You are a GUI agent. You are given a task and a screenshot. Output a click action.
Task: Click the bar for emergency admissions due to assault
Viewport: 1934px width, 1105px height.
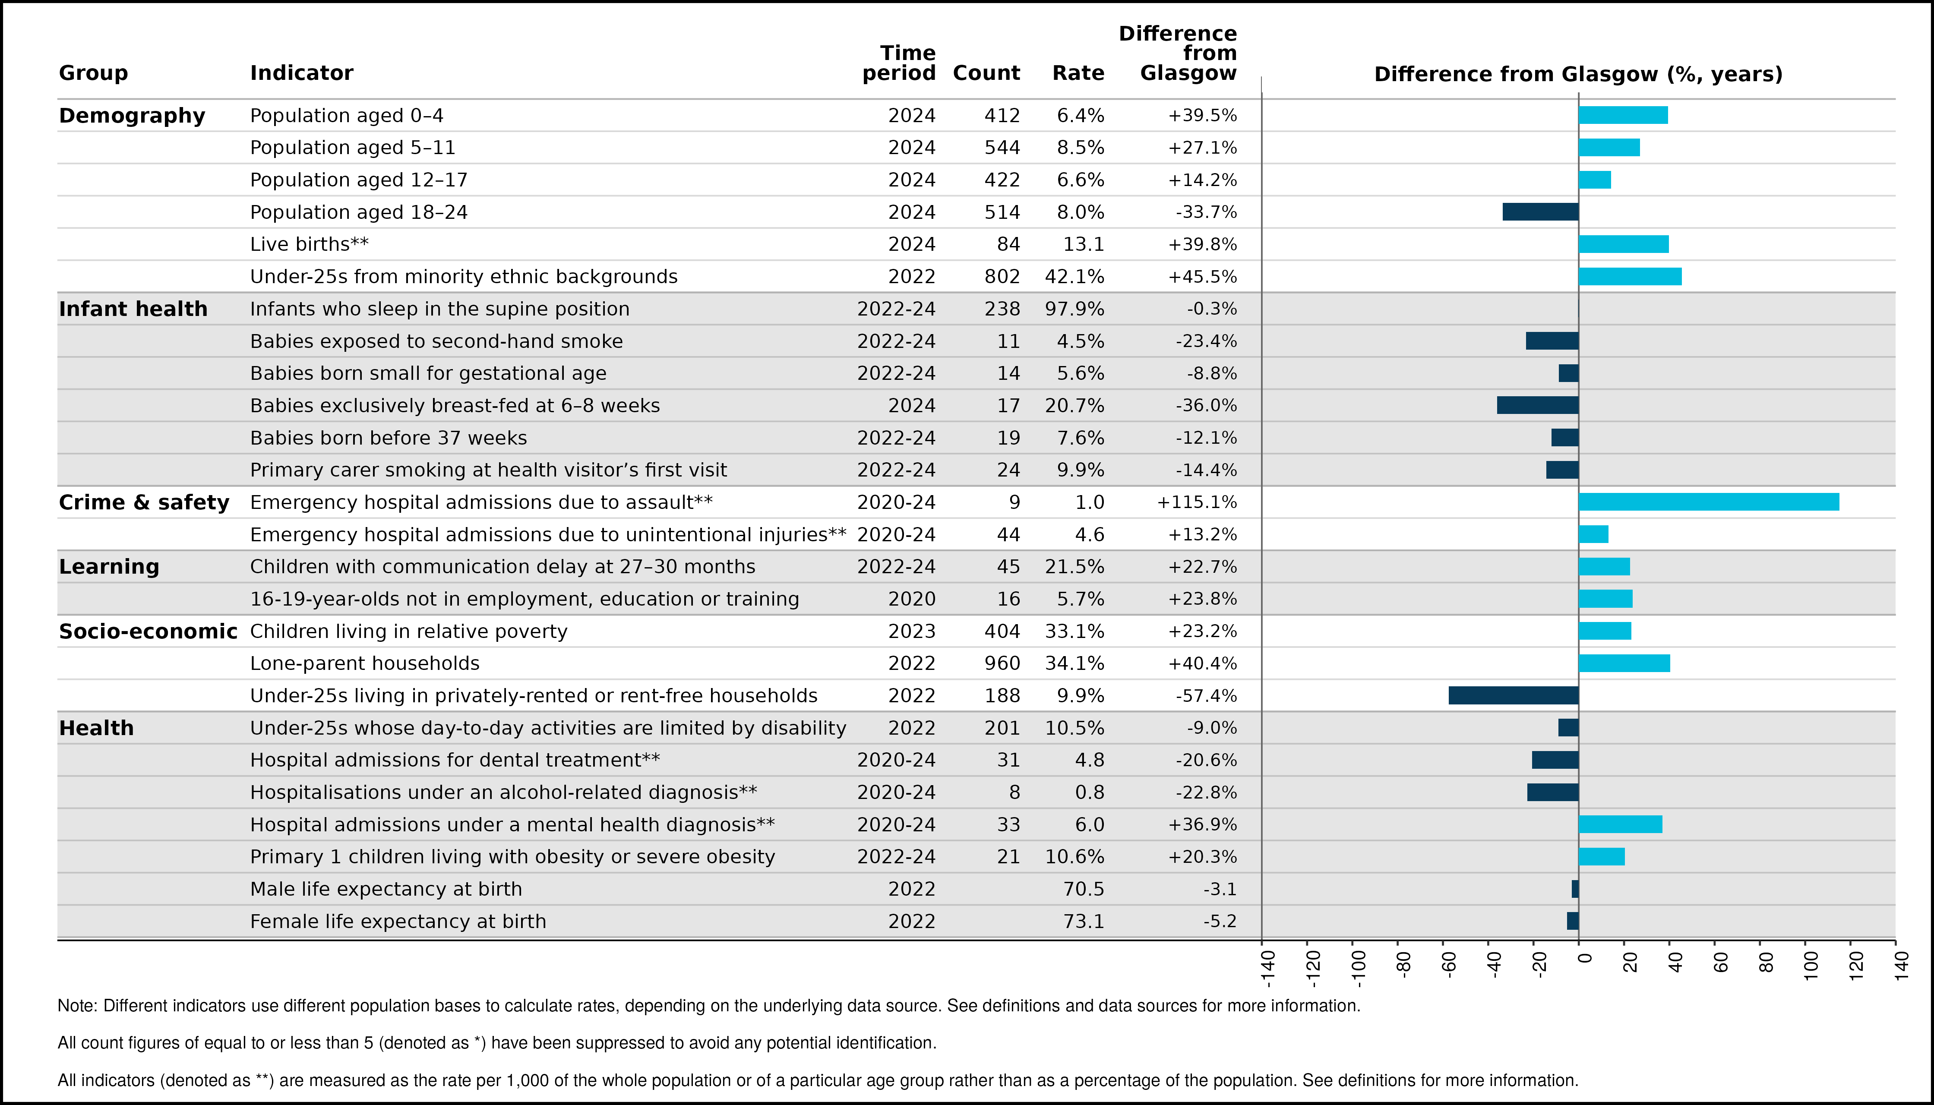(1709, 502)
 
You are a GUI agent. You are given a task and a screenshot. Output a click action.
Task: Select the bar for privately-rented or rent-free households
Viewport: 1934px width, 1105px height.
(1514, 695)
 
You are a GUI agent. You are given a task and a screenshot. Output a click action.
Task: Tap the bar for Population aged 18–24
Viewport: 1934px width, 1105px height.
(1541, 212)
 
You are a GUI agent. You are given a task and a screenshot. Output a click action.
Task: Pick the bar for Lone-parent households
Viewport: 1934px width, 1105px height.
(1624, 663)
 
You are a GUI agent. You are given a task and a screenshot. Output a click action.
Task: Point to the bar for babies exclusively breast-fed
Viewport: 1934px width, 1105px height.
(1538, 405)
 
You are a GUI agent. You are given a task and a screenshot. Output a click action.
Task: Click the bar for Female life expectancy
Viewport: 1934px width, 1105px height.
(1573, 921)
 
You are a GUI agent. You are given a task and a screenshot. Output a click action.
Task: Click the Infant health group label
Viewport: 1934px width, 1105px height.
(133, 309)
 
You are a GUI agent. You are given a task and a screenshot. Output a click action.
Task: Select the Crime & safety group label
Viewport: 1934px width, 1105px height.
(144, 502)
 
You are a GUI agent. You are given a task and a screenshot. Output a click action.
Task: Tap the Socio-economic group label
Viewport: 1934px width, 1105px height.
(148, 631)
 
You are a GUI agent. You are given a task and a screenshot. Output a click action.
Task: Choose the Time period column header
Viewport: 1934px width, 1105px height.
(900, 63)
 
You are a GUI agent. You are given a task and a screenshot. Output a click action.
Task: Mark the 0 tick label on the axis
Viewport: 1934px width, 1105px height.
(1585, 958)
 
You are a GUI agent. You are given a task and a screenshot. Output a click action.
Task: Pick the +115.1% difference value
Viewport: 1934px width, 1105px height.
(1197, 502)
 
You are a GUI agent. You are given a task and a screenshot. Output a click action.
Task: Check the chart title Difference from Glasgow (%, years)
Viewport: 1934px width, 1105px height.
(1578, 74)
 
